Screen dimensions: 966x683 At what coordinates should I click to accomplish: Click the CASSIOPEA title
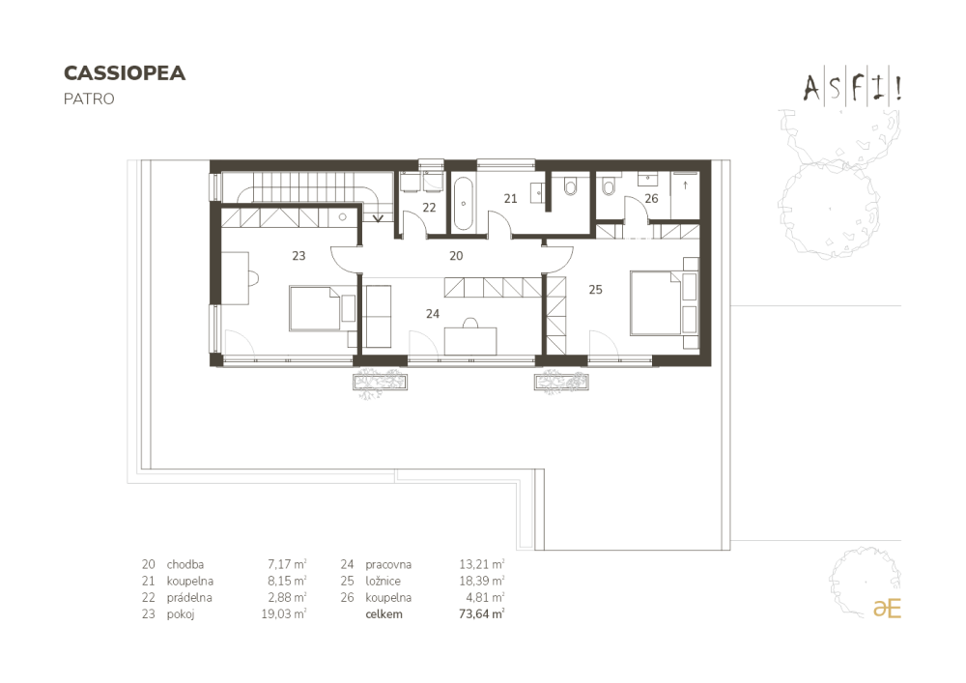point(125,72)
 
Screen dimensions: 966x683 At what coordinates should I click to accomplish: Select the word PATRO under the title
point(89,99)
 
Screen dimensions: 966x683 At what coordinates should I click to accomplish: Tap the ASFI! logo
point(853,88)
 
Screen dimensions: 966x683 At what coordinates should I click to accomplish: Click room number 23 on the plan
point(298,256)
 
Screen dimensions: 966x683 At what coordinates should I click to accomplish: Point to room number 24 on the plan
point(433,313)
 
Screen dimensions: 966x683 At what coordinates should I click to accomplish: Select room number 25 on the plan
point(595,290)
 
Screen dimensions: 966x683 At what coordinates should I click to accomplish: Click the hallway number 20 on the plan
point(456,256)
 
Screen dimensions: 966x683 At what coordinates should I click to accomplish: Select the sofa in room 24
point(377,316)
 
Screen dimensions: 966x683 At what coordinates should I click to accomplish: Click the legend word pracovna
point(388,565)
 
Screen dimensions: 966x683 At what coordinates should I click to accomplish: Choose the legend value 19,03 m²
point(284,614)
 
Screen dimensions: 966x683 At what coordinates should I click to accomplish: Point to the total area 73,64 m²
point(482,614)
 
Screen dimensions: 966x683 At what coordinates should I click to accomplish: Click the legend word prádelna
point(189,597)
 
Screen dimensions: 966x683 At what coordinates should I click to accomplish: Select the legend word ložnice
point(383,581)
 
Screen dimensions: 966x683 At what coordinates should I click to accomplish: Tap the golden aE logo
point(887,608)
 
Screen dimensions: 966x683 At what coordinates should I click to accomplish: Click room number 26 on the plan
point(651,198)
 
